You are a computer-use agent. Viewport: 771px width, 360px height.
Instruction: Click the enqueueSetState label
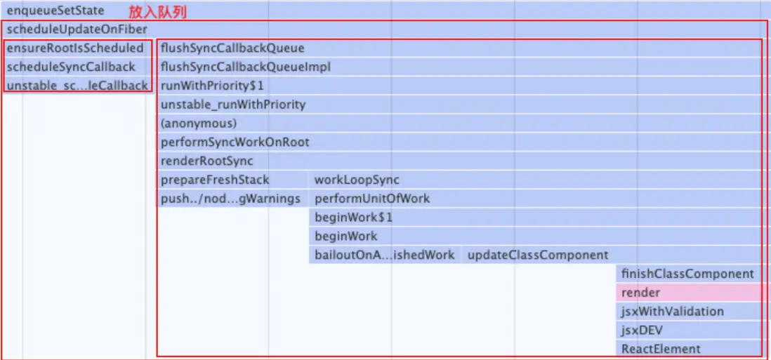click(x=55, y=11)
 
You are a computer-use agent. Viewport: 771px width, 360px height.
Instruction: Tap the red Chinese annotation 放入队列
click(x=158, y=12)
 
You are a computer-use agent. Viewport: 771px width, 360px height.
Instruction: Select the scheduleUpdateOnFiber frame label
click(x=77, y=29)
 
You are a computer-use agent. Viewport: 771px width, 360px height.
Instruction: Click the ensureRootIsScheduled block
click(x=77, y=48)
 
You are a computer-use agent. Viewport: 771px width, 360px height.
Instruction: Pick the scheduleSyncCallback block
click(x=77, y=67)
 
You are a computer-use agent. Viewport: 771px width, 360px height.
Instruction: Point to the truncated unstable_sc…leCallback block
click(x=77, y=86)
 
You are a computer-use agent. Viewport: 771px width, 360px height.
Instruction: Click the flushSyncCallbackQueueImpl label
click(x=245, y=67)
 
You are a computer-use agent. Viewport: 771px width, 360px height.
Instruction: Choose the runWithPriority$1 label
click(x=213, y=86)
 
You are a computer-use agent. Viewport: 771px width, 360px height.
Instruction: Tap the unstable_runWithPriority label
click(x=233, y=105)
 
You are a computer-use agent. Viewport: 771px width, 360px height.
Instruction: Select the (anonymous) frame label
click(x=199, y=124)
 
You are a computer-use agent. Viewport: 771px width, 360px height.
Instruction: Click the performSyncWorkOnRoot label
click(x=235, y=142)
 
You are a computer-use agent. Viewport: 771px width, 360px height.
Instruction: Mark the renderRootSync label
click(x=207, y=161)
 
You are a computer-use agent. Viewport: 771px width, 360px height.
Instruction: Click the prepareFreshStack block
click(x=232, y=179)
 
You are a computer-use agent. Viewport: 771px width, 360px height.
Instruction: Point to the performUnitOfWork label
click(x=372, y=199)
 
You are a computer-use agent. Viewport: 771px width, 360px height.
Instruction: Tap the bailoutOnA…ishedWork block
click(x=385, y=255)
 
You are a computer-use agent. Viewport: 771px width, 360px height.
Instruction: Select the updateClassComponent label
click(x=538, y=255)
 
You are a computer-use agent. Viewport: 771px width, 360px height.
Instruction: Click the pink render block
click(x=688, y=293)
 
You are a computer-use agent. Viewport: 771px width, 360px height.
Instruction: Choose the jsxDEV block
click(x=688, y=330)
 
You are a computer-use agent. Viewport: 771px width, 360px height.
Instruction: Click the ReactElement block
click(x=688, y=349)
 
